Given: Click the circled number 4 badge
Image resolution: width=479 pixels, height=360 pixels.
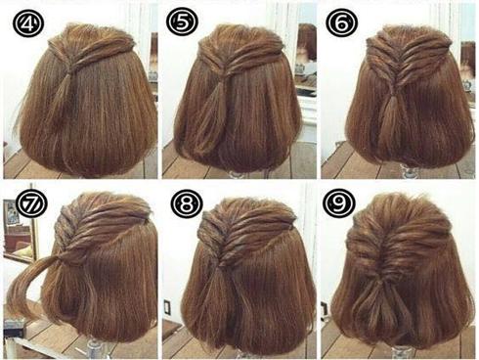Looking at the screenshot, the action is (28, 23).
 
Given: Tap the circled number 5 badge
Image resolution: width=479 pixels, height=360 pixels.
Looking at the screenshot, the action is (182, 22).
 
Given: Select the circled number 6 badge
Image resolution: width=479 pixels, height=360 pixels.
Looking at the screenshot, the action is (342, 22).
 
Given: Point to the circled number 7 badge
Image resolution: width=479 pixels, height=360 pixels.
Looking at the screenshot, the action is (32, 202).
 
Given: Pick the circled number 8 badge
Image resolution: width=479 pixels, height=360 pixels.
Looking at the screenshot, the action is (187, 203).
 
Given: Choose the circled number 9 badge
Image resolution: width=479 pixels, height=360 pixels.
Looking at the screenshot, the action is (339, 202).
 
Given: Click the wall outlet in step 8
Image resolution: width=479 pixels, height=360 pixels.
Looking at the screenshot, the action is (167, 306).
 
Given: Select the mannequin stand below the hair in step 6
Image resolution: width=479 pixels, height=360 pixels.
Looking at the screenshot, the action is (409, 171).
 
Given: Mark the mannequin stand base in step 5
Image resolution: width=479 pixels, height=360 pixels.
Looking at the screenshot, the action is (239, 174).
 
